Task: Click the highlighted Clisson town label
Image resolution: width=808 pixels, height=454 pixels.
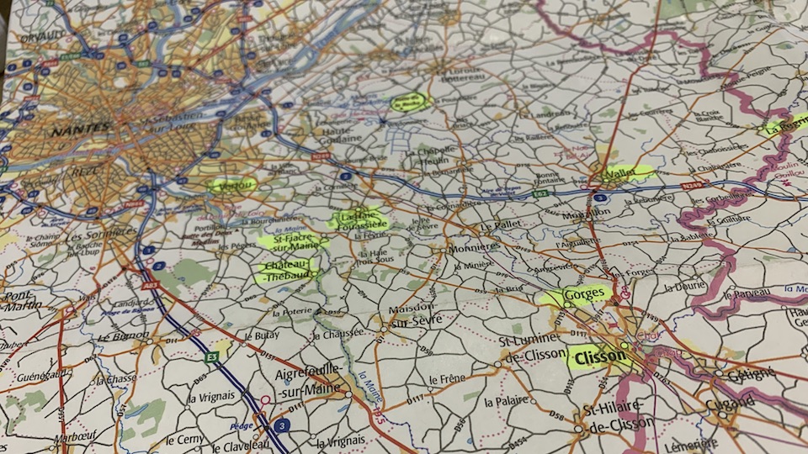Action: click(600, 356)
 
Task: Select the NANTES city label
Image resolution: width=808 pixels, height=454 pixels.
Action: click(81, 129)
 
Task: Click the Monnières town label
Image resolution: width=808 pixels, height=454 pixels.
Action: click(475, 249)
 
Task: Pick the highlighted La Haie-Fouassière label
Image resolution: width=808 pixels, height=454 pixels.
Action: click(359, 219)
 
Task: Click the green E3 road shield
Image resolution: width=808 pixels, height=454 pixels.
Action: click(213, 357)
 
